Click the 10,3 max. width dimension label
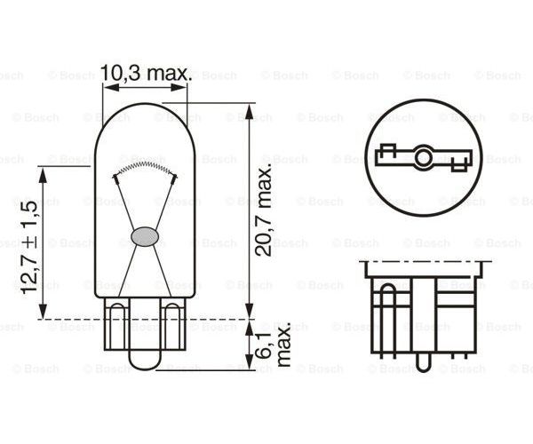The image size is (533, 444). tap(146, 73)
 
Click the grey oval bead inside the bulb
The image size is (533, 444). tap(145, 236)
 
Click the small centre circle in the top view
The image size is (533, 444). tap(423, 157)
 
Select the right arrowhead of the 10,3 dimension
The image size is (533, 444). tap(179, 87)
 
